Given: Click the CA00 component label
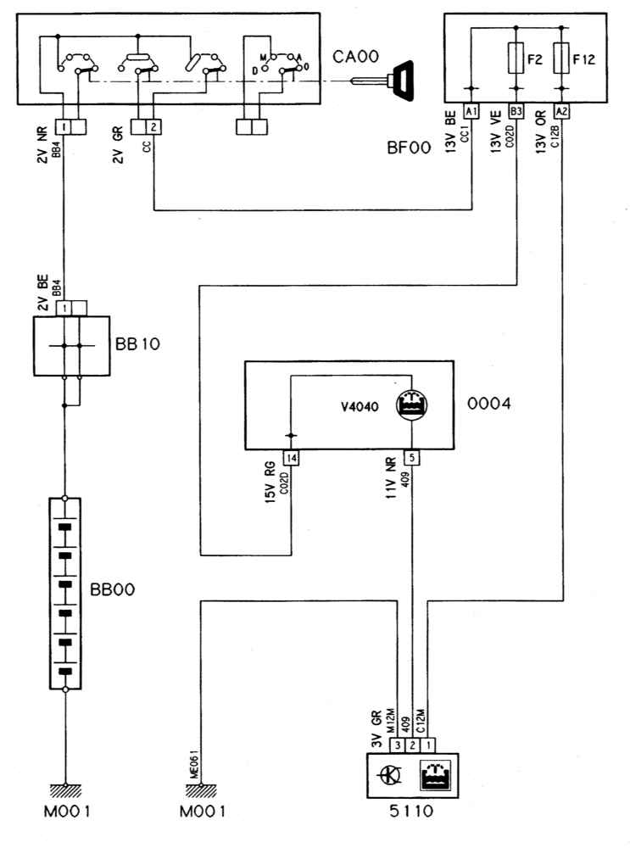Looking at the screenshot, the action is coord(355,56).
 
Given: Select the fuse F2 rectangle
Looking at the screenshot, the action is coord(516,59).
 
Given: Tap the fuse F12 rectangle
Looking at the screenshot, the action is coord(562,59).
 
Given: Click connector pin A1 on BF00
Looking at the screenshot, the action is coord(471,111).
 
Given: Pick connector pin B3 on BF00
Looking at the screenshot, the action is coord(516,111).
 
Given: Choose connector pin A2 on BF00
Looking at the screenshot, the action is coord(562,111).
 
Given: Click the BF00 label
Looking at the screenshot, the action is coord(409,148).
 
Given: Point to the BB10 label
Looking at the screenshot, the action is coord(137,344).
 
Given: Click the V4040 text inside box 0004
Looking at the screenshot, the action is coord(360,406).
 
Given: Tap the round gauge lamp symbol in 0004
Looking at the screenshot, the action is coord(412,404).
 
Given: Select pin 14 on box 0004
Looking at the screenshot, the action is coord(292,458).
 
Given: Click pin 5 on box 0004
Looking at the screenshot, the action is coord(412,458).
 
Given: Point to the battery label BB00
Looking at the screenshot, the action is coord(112,589).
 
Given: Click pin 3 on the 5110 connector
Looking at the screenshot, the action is coord(398,745).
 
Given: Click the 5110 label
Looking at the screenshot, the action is coord(411,811).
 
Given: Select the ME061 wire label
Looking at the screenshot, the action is coord(193,764).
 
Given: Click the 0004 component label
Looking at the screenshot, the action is coord(489,404).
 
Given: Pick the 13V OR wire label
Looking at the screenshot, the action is coord(541,132).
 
